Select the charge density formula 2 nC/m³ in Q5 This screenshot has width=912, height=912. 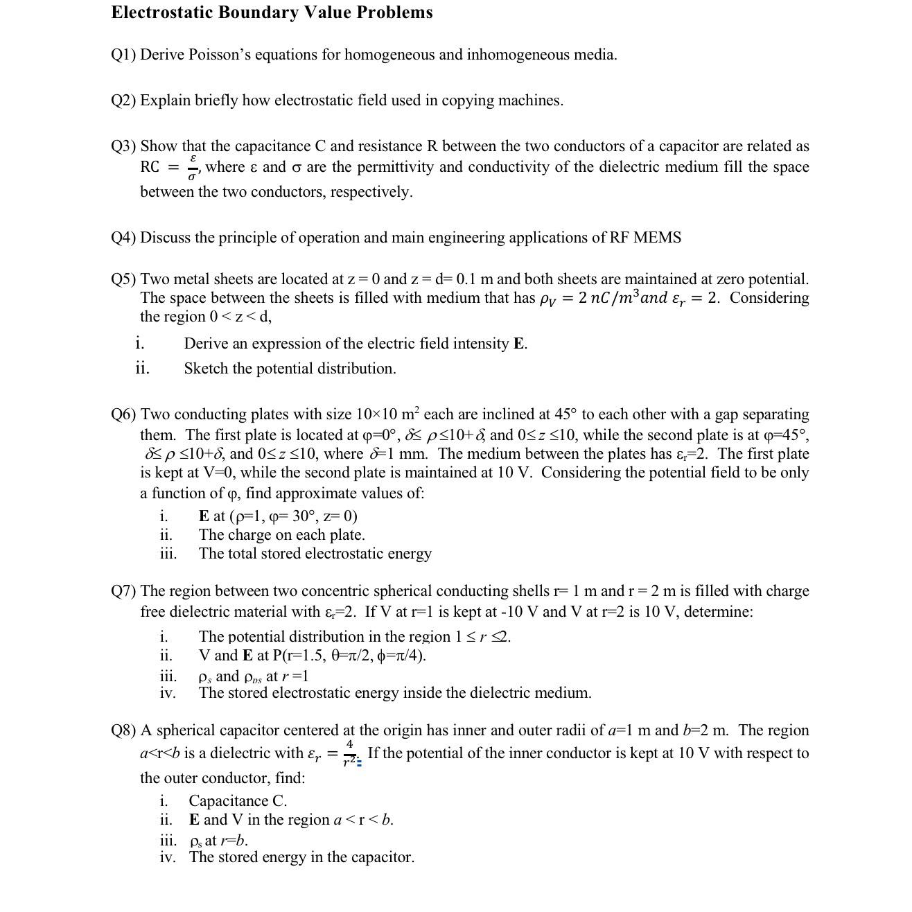(x=604, y=298)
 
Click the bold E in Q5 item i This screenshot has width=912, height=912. (x=518, y=344)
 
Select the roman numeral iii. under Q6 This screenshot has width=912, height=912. (x=168, y=554)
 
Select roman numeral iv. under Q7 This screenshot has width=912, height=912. (x=167, y=693)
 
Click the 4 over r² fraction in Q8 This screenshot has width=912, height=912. (x=349, y=753)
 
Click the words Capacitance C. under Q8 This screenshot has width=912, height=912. (x=238, y=801)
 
